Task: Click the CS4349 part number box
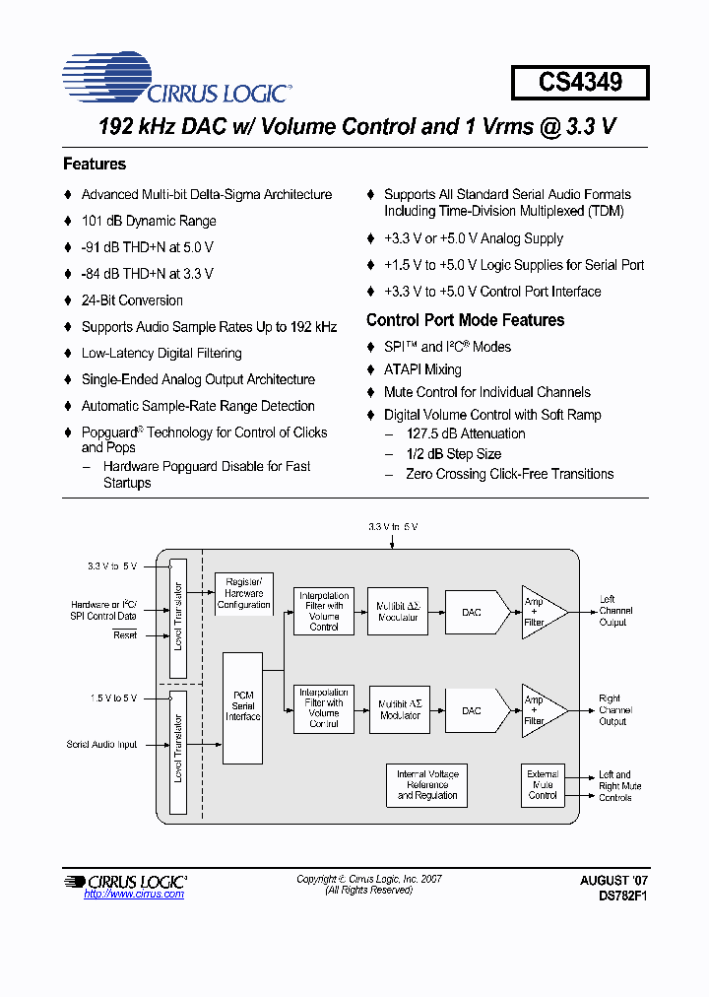(x=580, y=82)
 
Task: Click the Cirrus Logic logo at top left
(x=176, y=80)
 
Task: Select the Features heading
(x=95, y=164)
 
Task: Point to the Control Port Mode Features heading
(x=465, y=320)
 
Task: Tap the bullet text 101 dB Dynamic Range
(x=149, y=221)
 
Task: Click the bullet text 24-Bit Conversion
(x=132, y=300)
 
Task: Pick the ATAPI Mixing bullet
(x=422, y=369)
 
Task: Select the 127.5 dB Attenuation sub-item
(x=465, y=433)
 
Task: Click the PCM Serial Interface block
(x=243, y=706)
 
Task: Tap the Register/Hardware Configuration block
(x=243, y=594)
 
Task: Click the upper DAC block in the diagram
(x=472, y=612)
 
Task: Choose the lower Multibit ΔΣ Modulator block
(x=400, y=710)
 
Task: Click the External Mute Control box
(x=543, y=785)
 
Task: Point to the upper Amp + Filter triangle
(x=540, y=612)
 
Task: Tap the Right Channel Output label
(x=615, y=710)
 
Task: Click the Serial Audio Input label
(x=102, y=745)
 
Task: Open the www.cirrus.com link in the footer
(x=134, y=894)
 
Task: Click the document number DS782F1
(x=622, y=897)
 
